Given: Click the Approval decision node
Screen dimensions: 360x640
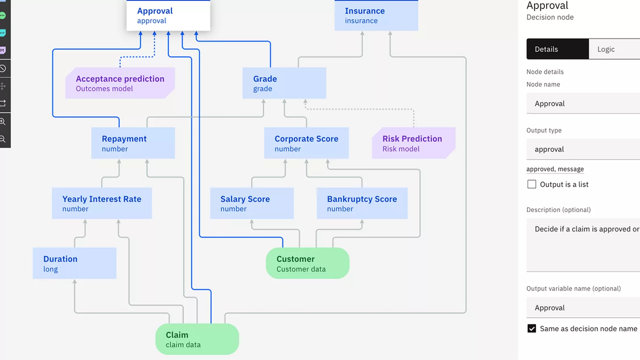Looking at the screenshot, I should point(168,15).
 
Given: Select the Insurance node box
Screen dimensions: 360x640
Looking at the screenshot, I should point(376,15).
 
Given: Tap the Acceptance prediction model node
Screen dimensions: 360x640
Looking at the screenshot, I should point(120,83).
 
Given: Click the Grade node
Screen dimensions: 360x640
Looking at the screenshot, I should point(284,83).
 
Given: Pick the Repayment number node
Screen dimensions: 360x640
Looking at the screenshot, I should point(133,143).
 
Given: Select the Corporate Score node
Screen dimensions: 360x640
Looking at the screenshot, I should point(306,143).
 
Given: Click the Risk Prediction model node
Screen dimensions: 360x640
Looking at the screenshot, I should point(413,143).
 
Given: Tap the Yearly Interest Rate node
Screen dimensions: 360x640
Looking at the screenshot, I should point(102,203).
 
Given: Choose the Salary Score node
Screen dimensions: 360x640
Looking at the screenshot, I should point(252,203).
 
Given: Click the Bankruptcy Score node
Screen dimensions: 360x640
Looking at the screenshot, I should point(362,203).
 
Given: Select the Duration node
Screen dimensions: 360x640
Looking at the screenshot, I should point(75,263).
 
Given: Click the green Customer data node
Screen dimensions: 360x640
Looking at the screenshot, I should point(307,263).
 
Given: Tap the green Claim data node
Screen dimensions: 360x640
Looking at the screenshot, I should point(197,339).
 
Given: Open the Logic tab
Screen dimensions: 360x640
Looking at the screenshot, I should point(606,49).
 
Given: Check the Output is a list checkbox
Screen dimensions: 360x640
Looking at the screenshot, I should point(532,184).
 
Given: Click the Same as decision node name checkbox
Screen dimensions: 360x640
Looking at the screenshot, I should point(532,328).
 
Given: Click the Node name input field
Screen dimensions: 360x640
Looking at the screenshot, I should point(583,103).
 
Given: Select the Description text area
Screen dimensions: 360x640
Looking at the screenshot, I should point(583,245).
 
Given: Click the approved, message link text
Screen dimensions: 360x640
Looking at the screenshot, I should point(555,169).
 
